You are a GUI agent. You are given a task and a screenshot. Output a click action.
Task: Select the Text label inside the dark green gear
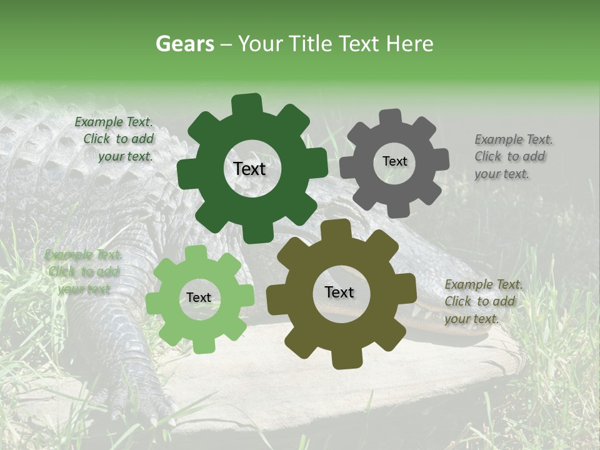coord(249,169)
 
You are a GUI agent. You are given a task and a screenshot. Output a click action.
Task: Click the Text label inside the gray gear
coord(394,161)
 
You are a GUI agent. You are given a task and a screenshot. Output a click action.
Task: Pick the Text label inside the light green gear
coord(199,297)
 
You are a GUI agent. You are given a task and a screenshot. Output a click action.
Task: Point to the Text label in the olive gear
coord(339,292)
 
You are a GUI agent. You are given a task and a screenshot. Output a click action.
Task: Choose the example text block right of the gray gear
coord(512,156)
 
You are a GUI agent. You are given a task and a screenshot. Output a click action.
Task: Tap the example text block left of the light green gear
coord(82,272)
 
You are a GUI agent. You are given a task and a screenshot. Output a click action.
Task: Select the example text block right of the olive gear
coord(482,301)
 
